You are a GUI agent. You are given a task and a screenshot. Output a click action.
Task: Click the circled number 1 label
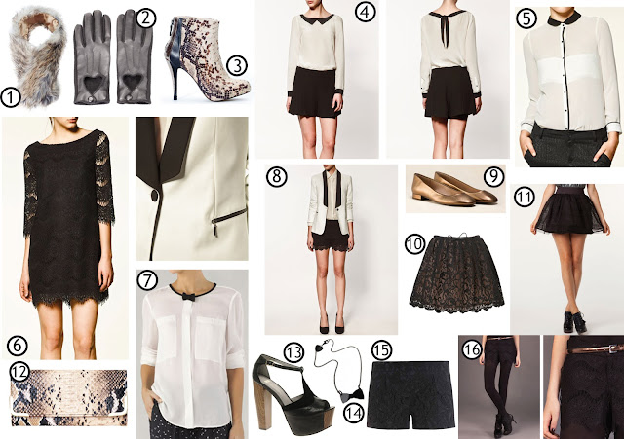point(11,97)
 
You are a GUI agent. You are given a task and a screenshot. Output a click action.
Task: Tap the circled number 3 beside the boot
point(237,66)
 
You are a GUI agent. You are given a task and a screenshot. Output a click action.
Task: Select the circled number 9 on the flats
point(493,176)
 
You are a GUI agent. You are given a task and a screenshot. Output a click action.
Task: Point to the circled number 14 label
point(354,413)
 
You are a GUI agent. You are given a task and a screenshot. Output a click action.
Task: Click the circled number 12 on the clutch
point(19,372)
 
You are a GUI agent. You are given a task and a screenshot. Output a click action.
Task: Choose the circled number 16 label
point(472,350)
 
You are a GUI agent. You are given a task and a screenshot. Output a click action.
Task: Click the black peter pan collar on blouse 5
point(564,18)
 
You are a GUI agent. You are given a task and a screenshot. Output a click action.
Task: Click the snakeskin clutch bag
point(68,398)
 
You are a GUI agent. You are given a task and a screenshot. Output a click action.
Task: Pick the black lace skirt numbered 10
point(456,274)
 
